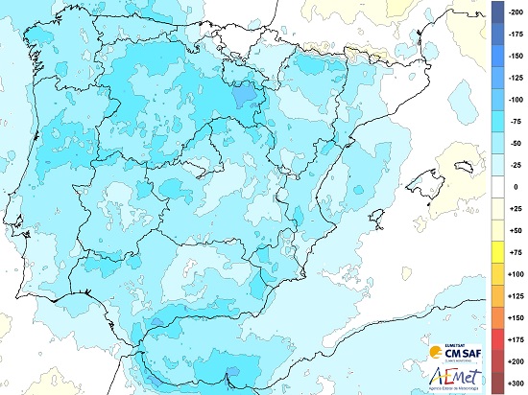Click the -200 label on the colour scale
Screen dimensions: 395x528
(x=516, y=7)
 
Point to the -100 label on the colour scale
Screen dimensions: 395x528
(x=516, y=99)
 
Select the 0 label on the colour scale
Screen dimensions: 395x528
(x=516, y=187)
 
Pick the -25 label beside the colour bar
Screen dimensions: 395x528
(x=516, y=165)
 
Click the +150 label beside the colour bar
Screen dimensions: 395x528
(x=516, y=317)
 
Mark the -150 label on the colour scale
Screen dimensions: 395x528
(x=516, y=55)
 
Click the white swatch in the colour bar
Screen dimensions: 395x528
(x=497, y=187)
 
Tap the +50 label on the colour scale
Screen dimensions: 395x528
(x=516, y=231)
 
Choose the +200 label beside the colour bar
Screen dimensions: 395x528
(x=516, y=361)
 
